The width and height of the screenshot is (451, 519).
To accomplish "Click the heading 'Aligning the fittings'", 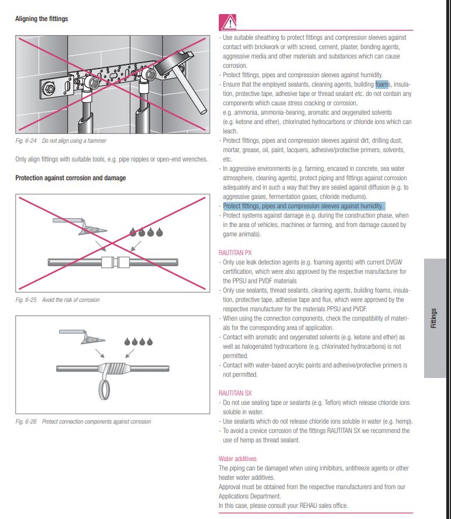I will coord(42,19).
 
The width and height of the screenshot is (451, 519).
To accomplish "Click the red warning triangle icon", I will coord(228,22).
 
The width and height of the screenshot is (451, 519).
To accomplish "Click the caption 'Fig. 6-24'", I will coord(25,141).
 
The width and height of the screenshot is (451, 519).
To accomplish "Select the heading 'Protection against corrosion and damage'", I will coord(70,178).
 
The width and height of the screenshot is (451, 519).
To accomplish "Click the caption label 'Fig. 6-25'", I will coord(26,300).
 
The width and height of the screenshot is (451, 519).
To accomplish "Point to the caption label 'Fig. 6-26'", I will coord(26,422).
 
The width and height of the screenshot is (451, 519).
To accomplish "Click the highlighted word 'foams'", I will coord(383,84).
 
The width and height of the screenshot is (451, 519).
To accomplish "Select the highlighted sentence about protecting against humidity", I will coord(303,206).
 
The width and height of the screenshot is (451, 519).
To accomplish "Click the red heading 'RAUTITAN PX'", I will coord(235,253).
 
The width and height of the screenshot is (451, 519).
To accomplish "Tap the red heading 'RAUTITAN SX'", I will coord(235,393).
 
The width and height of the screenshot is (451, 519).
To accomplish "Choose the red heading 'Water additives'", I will coord(237,459).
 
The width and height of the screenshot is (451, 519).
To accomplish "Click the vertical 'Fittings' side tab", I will coord(434,318).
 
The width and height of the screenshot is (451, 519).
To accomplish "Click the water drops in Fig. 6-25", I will coord(146,232).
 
